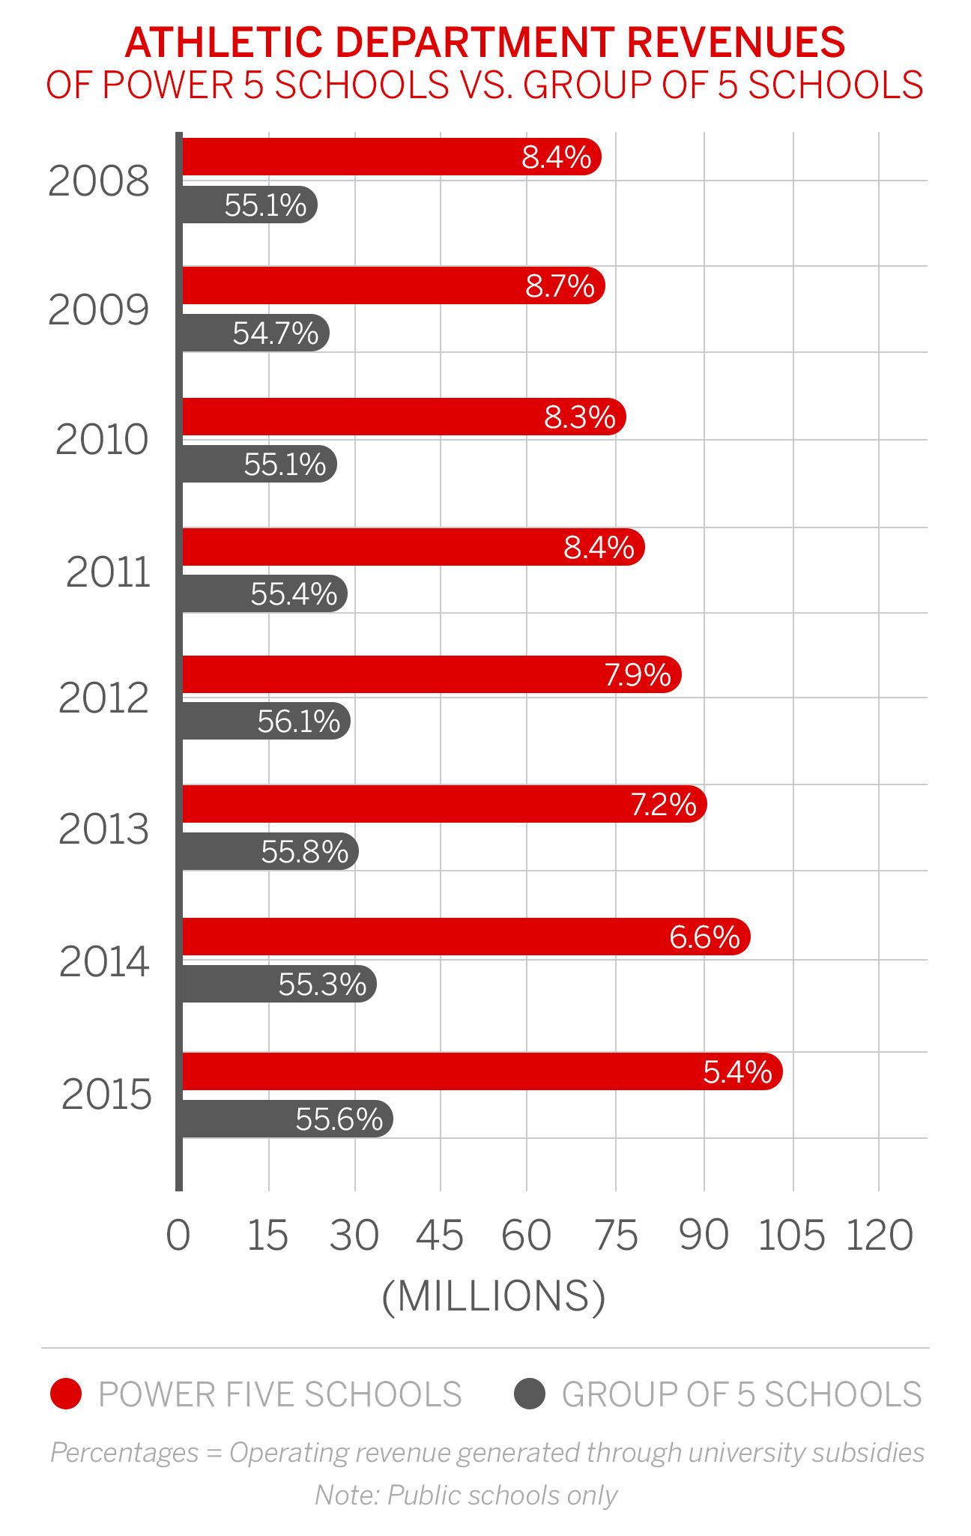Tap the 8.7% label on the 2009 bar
coord(560,286)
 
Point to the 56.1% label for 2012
coord(298,722)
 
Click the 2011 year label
coord(109,573)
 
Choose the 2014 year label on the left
coord(105,962)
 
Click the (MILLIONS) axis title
coord(493,1296)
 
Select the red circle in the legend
coord(66,1394)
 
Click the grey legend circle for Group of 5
coord(529,1394)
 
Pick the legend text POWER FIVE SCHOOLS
coord(280,1394)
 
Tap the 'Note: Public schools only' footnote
coord(466,1496)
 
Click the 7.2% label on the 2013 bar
coord(663,805)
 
